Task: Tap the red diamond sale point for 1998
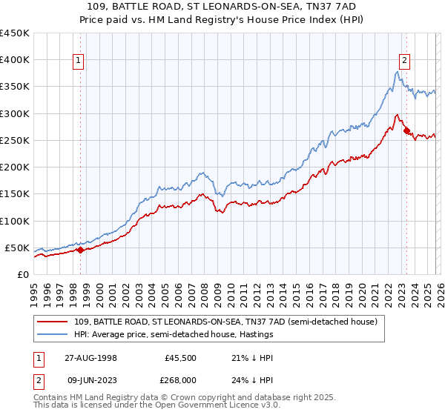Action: pos(81,250)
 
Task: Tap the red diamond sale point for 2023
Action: pos(406,131)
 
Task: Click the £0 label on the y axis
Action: pos(22,274)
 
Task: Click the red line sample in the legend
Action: pos(54,322)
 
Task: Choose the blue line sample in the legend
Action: pos(54,335)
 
